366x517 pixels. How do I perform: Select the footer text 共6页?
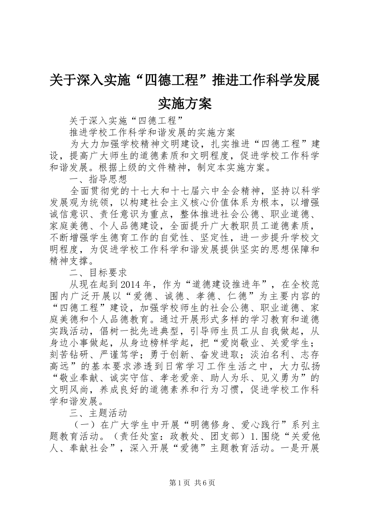tap(205, 483)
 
